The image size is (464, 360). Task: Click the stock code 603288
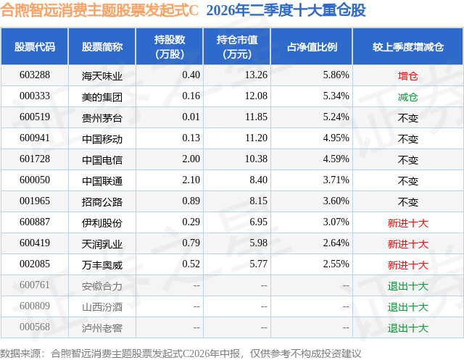pos(35,75)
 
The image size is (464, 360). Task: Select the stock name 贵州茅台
pos(102,118)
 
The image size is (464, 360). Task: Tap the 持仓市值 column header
pos(237,46)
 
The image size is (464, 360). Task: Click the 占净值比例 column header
pos(312,46)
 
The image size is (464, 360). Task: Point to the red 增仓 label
pos(407,76)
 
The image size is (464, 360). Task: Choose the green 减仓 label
pos(407,97)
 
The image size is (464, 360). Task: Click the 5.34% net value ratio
pos(336,96)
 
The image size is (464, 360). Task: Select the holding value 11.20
pos(256,138)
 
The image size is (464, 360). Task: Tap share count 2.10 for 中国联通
pos(191,180)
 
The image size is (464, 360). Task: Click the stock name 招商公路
pos(102,202)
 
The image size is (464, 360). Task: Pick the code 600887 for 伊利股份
pos(35,222)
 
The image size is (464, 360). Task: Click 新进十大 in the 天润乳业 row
pos(407,244)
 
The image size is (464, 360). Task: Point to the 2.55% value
pos(336,264)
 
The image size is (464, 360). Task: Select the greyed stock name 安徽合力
pos(102,286)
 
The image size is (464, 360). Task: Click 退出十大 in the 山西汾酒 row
pos(407,307)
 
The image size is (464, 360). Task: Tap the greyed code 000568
pos(35,327)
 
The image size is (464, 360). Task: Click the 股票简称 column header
pos(102,46)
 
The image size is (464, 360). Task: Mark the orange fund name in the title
pos(99,10)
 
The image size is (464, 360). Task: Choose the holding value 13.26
pos(256,75)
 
